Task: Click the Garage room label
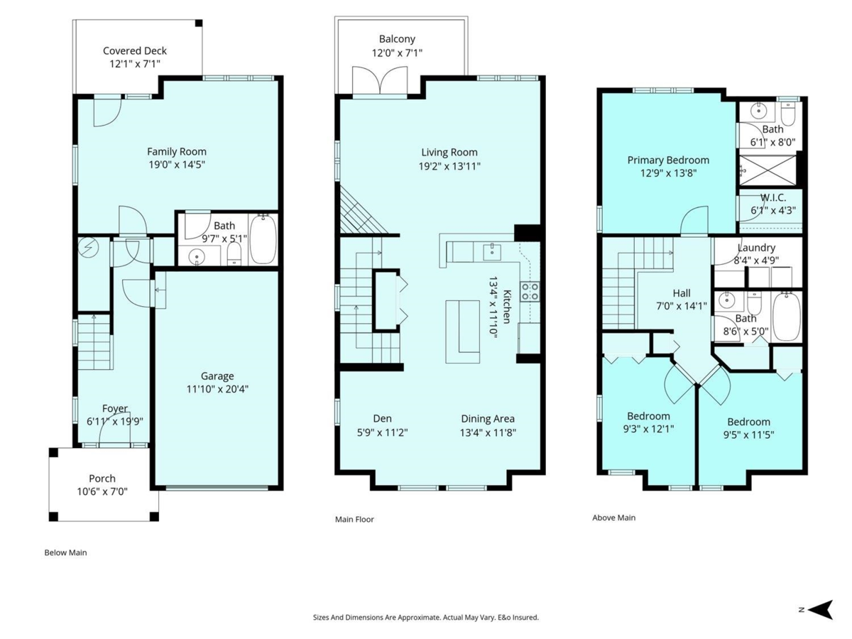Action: [217, 376]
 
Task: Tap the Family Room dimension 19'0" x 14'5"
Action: [177, 165]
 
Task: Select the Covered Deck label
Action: [135, 51]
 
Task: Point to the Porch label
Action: [102, 479]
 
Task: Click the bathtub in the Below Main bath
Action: [263, 239]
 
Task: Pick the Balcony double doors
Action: [380, 80]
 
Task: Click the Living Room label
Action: [449, 153]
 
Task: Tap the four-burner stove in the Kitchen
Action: [530, 292]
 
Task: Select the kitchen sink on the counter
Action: [492, 252]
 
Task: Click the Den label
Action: [382, 418]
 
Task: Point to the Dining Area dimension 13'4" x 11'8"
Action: [488, 432]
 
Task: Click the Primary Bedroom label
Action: [668, 160]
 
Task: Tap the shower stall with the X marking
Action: [768, 170]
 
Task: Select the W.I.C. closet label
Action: [773, 197]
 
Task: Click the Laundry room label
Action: [756, 248]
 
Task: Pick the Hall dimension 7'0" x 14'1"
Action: [682, 306]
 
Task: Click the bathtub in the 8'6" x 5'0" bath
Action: [787, 317]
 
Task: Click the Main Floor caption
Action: [354, 520]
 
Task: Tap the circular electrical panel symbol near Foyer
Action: [88, 248]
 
